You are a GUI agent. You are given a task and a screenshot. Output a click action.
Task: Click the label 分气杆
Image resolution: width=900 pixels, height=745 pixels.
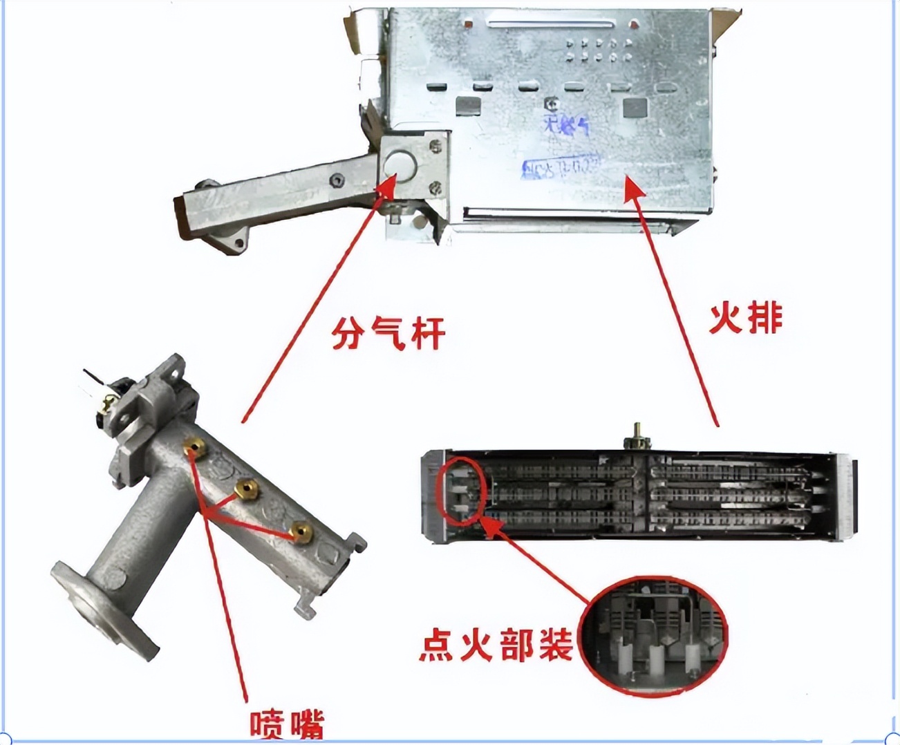point(388,334)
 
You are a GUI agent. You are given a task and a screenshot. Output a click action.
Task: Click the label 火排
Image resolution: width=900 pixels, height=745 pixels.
point(746,319)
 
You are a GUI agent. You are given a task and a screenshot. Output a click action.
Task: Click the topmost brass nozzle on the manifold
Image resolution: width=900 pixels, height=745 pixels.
point(196,449)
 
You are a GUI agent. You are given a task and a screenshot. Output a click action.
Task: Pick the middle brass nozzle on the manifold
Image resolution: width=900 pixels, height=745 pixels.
point(246,489)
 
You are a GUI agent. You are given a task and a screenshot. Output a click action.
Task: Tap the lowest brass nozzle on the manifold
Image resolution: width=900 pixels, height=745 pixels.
point(301,531)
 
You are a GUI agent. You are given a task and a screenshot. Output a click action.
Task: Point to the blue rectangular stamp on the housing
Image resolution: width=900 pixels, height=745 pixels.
point(561,166)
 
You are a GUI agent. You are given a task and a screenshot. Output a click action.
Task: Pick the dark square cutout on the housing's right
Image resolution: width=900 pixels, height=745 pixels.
point(634,107)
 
